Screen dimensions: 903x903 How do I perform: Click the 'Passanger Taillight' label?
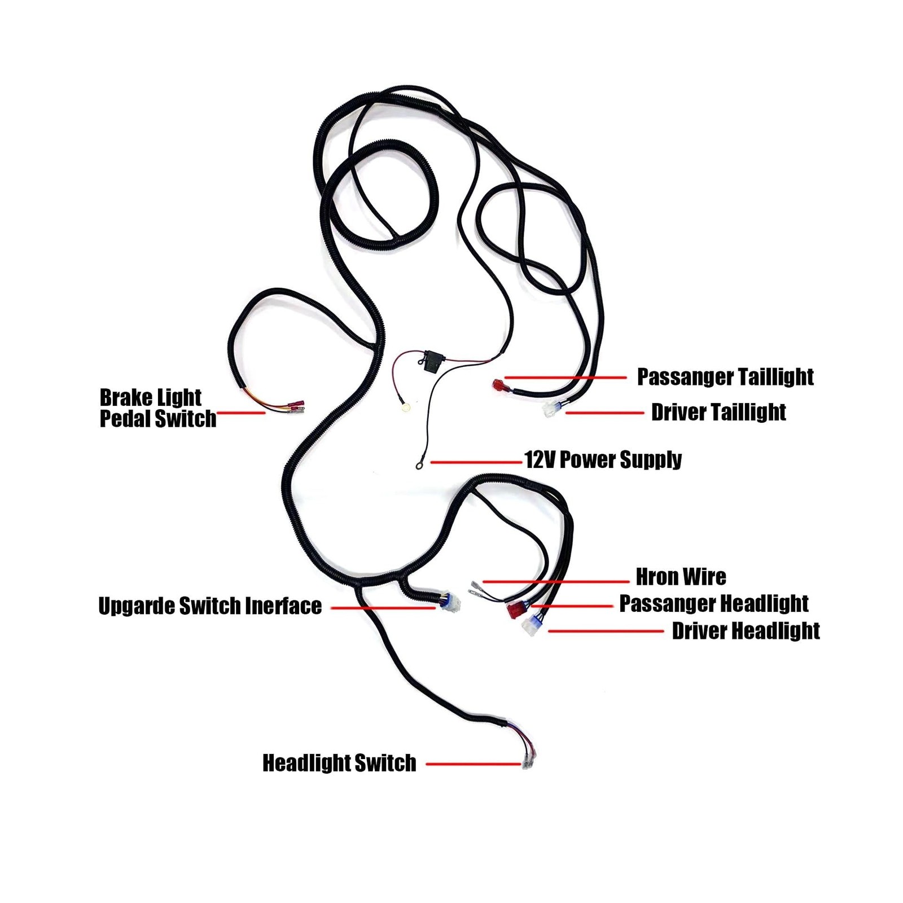click(x=725, y=377)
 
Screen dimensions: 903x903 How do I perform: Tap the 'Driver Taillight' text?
click(x=718, y=413)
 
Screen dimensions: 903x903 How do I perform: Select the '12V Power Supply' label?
click(x=603, y=460)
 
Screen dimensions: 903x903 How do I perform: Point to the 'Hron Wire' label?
click(x=681, y=577)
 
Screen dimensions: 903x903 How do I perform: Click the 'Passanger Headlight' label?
click(x=714, y=603)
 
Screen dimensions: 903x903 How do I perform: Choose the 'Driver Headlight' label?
click(x=746, y=631)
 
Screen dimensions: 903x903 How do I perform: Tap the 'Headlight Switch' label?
click(x=339, y=763)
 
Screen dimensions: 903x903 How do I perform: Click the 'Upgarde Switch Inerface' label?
click(x=210, y=606)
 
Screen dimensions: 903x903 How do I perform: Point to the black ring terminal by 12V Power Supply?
click(x=419, y=466)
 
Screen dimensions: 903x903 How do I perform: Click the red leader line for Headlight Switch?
click(x=473, y=764)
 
